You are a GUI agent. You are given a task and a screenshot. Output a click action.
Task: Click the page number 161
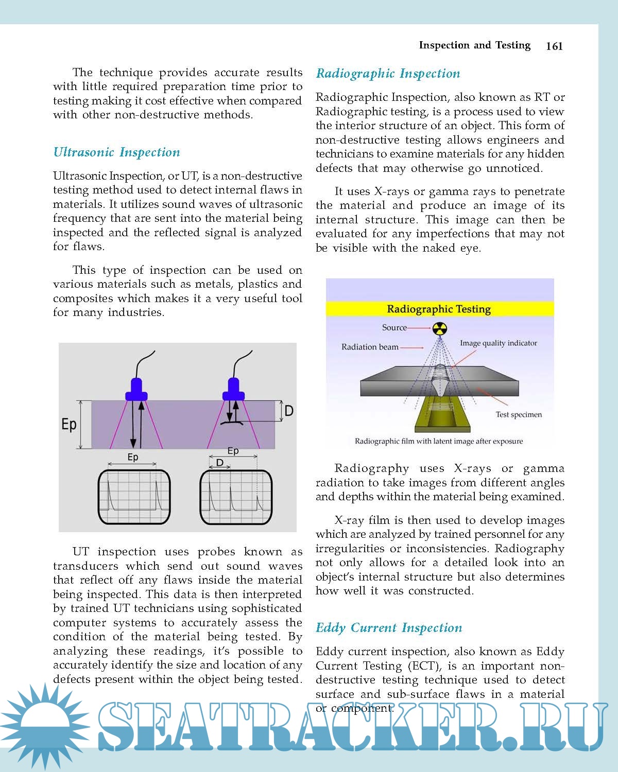point(554,46)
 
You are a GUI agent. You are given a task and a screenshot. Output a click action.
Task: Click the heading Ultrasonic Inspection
point(117,152)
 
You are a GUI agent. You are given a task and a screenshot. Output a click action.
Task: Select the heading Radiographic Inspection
point(388,74)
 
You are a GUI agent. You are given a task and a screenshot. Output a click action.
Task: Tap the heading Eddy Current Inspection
point(389,628)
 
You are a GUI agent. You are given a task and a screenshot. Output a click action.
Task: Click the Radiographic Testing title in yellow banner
point(439,309)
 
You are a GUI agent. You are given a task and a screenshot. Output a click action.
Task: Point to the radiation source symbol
point(439,328)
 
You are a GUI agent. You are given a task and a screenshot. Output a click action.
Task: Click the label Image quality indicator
point(498,343)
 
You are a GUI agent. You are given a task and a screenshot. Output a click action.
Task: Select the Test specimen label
point(519,415)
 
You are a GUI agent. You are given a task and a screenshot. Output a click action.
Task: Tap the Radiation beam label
point(370,347)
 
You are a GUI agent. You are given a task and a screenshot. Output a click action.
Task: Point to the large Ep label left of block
point(69,425)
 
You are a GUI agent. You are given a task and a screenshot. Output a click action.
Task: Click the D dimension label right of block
point(289,411)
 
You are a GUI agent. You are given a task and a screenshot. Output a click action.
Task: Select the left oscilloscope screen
point(134,497)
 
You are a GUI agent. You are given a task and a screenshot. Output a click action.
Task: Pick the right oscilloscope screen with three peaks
point(235,497)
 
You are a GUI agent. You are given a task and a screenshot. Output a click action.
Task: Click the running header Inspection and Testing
point(474,45)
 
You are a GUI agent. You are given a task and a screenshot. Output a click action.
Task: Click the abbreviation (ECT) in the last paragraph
point(424,666)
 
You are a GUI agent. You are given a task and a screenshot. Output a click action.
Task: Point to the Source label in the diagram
point(394,328)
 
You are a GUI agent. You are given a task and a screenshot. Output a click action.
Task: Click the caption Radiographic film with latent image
point(439,442)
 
